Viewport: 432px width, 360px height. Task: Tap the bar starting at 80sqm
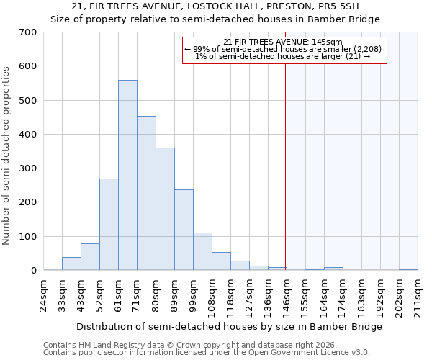(165, 209)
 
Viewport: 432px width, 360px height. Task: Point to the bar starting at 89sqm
(184, 230)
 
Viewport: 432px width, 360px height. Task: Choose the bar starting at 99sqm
(202, 251)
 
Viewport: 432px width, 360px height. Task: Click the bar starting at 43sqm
(90, 257)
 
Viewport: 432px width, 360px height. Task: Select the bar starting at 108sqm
(221, 261)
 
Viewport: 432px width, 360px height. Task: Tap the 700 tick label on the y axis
(28, 32)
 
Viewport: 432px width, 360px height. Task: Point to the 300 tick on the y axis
(28, 168)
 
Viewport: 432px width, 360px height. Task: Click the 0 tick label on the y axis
(33, 271)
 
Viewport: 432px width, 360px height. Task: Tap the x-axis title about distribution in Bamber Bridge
(229, 326)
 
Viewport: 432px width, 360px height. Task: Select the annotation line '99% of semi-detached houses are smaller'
(285, 49)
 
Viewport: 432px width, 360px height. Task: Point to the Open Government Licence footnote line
(207, 353)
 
